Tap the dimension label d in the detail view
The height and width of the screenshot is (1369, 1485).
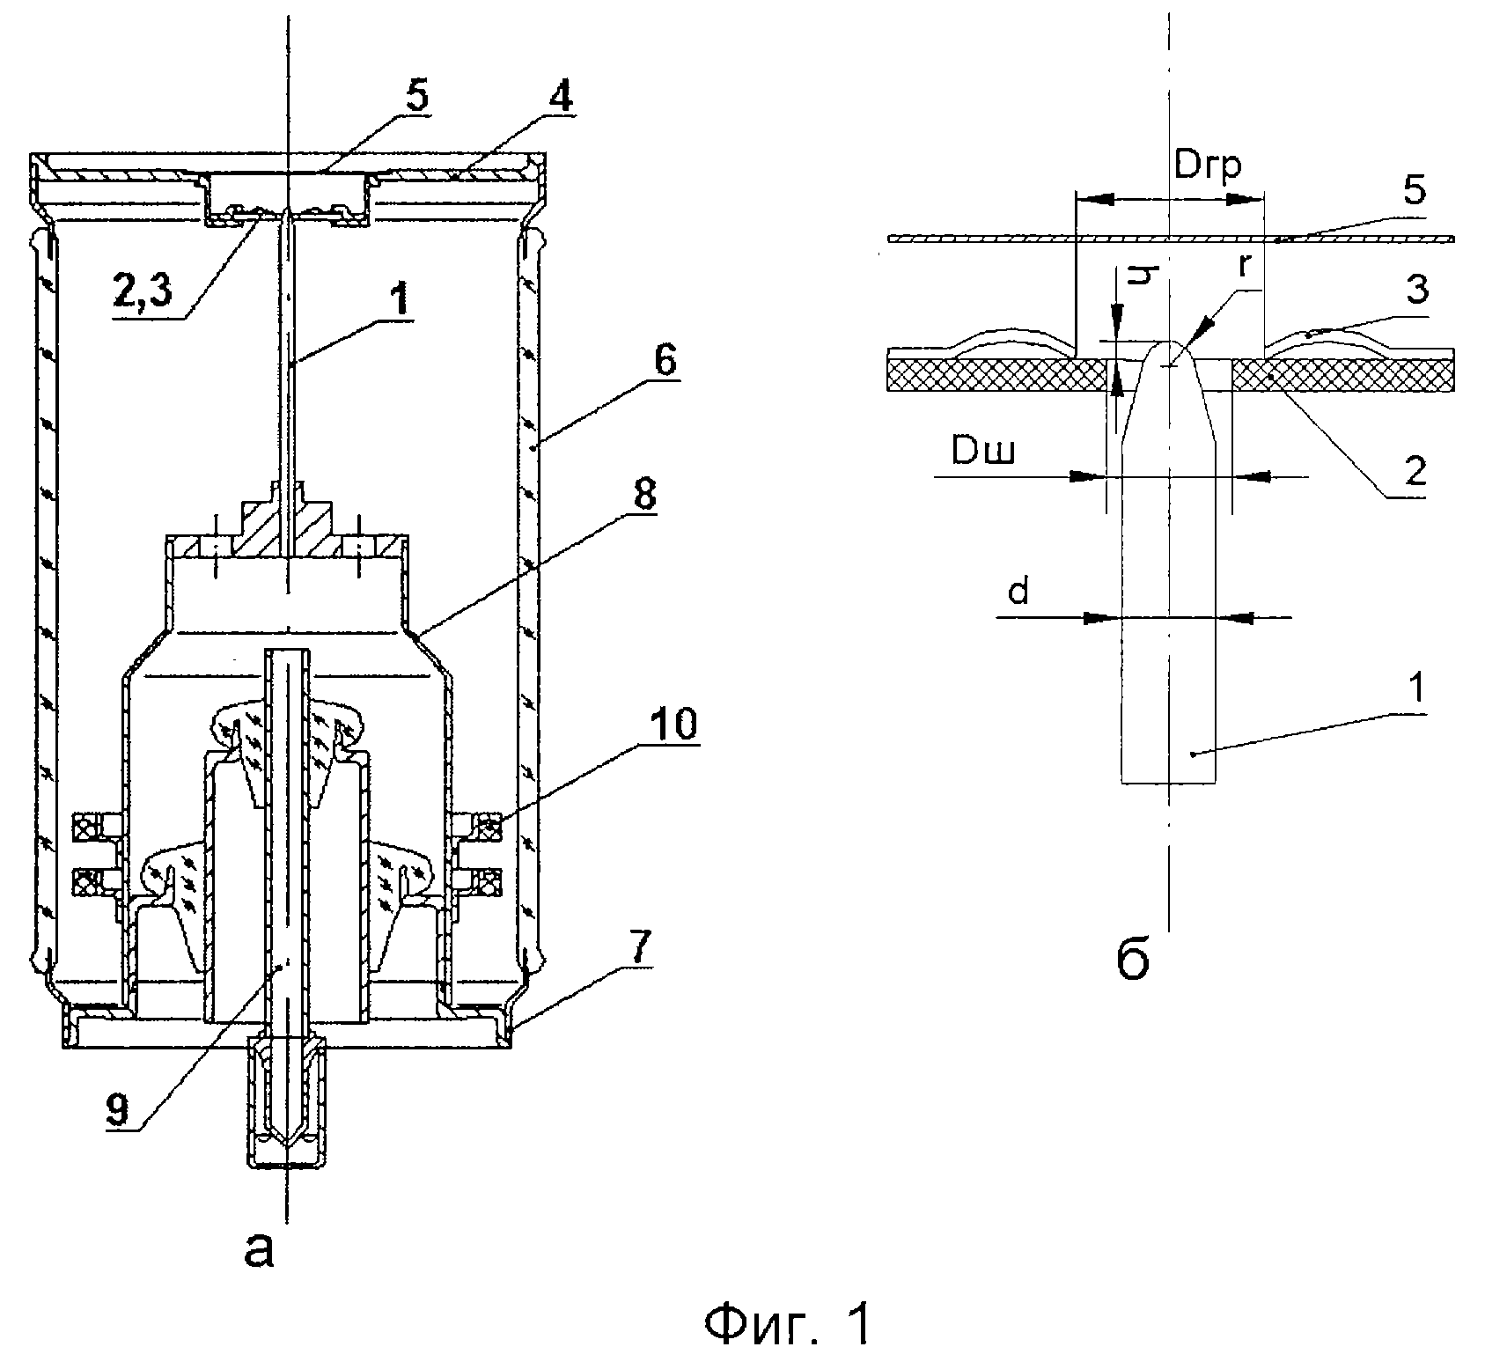pyautogui.click(x=1018, y=592)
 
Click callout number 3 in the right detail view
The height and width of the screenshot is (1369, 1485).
pyautogui.click(x=1418, y=291)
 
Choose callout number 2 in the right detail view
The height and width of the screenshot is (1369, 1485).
pyautogui.click(x=1415, y=472)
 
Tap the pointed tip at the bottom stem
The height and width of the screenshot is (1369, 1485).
pyautogui.click(x=285, y=1145)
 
